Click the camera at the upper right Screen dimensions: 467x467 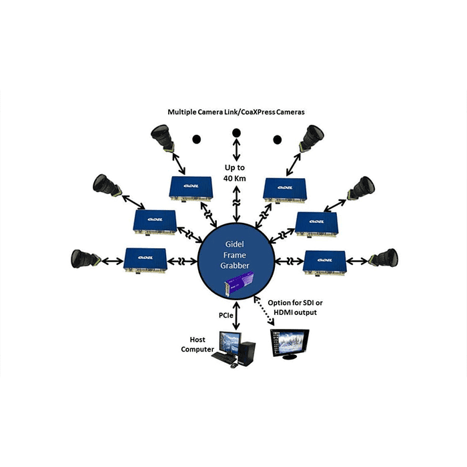pos(311,139)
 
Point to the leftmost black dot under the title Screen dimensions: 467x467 pos(197,139)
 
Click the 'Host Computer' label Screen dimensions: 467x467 pos(198,344)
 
